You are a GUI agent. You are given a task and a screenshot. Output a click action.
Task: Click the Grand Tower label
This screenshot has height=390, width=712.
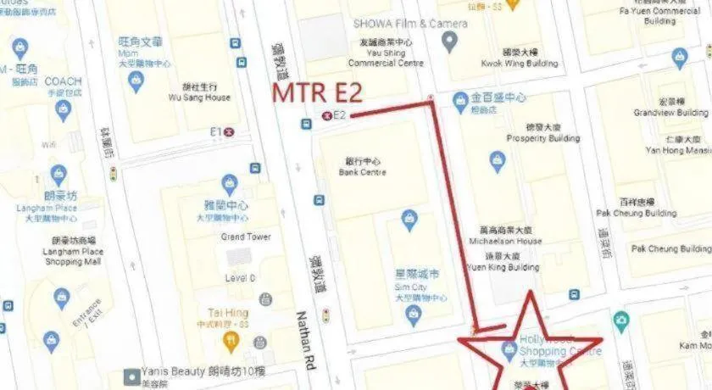tap(247, 237)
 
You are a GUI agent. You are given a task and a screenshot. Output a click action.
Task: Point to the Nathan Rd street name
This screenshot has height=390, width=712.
tap(305, 339)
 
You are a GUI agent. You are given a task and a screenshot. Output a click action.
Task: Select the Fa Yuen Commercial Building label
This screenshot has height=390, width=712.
tap(670, 16)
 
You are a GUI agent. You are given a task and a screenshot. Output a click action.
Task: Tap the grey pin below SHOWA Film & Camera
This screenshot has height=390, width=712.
tap(451, 41)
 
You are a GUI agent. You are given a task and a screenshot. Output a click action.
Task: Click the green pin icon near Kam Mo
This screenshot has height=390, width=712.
tap(622, 320)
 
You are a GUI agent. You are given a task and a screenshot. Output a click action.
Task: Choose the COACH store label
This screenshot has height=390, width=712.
tap(64, 81)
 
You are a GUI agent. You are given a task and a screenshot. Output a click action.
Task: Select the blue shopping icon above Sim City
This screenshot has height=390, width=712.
tap(409, 219)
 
